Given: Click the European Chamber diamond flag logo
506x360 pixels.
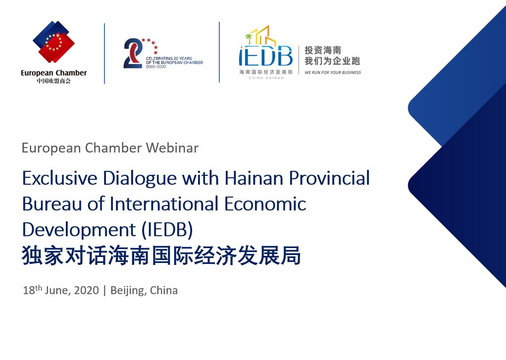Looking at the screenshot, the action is click(53, 42).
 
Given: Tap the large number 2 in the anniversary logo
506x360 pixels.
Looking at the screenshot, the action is click(133, 53).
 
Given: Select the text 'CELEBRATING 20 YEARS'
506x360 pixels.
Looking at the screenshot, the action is click(169, 58).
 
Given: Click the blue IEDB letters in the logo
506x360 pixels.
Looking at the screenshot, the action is click(265, 56).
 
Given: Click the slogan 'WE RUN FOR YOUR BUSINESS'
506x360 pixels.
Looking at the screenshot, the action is click(333, 72).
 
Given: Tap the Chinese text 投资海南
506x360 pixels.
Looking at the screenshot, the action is click(323, 51).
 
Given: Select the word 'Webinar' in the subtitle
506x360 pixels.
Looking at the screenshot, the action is click(172, 148).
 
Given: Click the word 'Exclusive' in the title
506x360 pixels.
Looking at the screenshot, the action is click(60, 178).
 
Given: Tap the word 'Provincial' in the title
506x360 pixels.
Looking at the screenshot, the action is click(329, 178).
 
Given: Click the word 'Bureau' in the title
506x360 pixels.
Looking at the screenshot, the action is click(52, 204).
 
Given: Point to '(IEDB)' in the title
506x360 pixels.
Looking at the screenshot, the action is click(167, 230).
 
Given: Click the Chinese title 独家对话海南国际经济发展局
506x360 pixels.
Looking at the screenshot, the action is click(161, 256).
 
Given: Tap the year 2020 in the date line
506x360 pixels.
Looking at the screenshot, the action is click(87, 290).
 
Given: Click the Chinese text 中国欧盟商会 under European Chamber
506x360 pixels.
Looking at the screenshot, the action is click(53, 81).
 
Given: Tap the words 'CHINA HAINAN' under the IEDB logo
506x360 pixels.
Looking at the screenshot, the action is click(266, 78).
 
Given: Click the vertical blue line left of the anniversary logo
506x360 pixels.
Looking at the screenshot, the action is click(104, 53).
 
